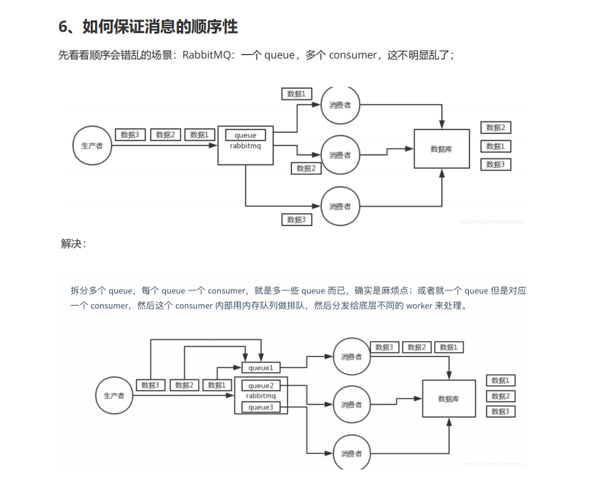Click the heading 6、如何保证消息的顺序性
148,27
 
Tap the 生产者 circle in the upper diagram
93,145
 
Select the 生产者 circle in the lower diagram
114,395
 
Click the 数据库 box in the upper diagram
441,149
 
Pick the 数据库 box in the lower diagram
449,398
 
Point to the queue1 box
260,368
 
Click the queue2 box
260,386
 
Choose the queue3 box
260,407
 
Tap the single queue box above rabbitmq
246,135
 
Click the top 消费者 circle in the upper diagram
340,105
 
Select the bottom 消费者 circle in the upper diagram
340,206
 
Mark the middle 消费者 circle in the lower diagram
351,405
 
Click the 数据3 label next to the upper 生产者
130,135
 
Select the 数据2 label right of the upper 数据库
495,128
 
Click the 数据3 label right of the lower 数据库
501,411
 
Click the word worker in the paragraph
420,306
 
